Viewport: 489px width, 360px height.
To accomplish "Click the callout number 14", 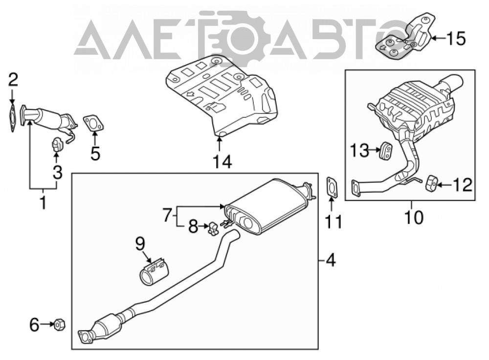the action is pos(222,162).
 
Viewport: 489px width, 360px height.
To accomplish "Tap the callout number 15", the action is pos(456,39).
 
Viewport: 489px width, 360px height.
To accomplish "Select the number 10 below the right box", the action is pos(414,217).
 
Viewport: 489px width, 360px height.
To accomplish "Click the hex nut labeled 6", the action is pos(59,325).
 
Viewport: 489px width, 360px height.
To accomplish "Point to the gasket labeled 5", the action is pos(93,123).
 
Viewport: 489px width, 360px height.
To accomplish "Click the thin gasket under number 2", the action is pos(12,118).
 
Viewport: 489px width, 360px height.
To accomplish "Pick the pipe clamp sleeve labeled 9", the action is pos(154,271).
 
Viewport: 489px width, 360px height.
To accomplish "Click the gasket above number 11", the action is pos(332,187).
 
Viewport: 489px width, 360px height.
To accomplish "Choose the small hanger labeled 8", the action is pos(213,228).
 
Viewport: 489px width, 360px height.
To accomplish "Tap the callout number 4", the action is pos(330,260).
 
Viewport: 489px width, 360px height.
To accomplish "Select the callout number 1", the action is pos(44,202).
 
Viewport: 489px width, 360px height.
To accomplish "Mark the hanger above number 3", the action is pos(56,144).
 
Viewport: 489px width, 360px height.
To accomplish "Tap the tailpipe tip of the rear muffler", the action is pos(453,82).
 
